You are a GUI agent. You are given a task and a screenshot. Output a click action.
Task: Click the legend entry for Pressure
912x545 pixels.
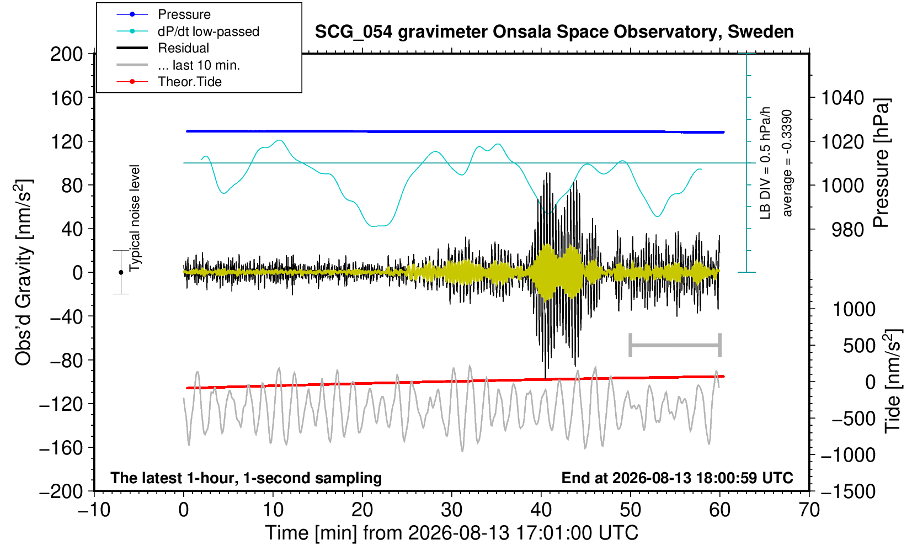click(x=184, y=14)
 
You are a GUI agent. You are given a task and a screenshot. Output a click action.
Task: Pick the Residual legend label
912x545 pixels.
click(x=184, y=48)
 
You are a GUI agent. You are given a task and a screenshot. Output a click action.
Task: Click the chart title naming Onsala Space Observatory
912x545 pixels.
click(x=554, y=32)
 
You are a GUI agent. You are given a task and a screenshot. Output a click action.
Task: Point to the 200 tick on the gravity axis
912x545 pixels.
click(x=66, y=54)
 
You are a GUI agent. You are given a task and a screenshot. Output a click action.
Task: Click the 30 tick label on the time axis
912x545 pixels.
click(x=451, y=510)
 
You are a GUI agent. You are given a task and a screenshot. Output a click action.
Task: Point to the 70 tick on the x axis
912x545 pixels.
click(x=809, y=510)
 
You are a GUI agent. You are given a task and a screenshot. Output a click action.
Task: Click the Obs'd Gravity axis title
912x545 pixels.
click(x=23, y=272)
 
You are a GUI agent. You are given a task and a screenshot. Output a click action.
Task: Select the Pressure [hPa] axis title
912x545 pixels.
click(x=882, y=163)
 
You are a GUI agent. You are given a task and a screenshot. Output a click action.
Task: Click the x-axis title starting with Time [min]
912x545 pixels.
click(x=451, y=533)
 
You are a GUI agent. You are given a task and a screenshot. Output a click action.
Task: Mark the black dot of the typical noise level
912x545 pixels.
click(x=121, y=272)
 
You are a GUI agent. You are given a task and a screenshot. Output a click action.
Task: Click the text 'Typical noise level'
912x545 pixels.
click(x=135, y=218)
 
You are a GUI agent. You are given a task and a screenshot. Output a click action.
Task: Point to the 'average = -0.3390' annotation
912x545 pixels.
click(x=787, y=163)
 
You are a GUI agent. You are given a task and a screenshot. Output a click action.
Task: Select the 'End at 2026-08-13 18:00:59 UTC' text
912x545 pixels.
click(x=677, y=478)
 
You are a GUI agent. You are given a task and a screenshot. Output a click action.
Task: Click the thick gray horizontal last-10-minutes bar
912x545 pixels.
click(x=675, y=345)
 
